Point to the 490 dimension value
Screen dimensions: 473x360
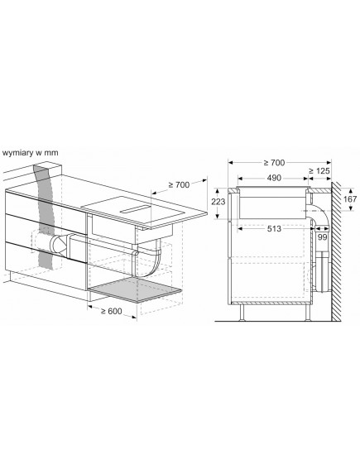pyautogui.click(x=273, y=179)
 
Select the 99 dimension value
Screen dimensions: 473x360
pyautogui.click(x=321, y=238)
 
